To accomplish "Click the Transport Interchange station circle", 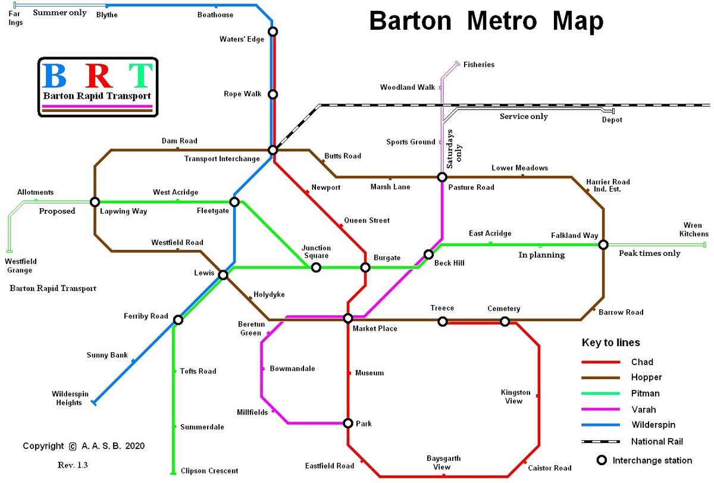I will [273, 150].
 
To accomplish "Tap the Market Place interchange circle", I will [348, 318].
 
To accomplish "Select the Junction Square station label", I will [315, 252].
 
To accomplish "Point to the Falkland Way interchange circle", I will [603, 244].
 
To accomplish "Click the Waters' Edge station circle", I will [273, 32].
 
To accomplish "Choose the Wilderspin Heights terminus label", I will [67, 399].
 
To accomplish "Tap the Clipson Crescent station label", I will [209, 471].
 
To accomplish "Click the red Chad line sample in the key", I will [601, 362].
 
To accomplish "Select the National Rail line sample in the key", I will [601, 441].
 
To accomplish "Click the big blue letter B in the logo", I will [55, 76].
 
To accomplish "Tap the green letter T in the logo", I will [142, 76].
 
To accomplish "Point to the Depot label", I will [612, 120].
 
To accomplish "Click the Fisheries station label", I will [478, 65].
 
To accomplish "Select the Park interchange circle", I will [348, 423].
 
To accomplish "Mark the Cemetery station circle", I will [505, 322].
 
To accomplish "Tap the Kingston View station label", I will [515, 397].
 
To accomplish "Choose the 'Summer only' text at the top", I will [59, 12].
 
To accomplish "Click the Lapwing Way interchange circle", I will [95, 202].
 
